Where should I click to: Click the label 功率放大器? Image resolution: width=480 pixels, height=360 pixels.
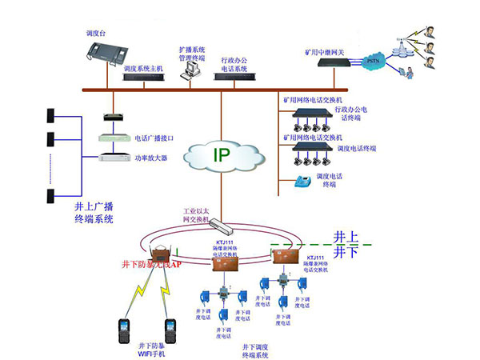point(151,158)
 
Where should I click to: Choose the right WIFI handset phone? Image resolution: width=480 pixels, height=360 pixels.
point(170,331)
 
